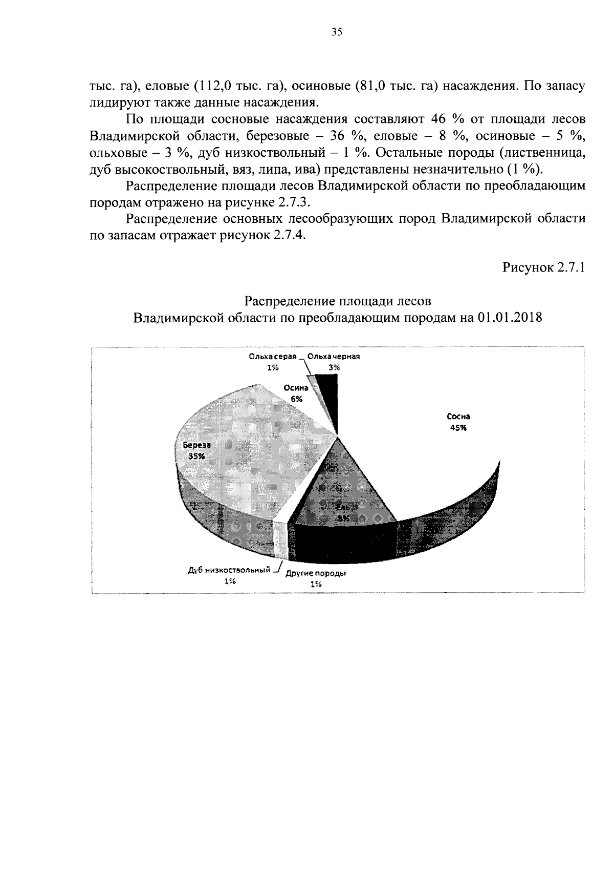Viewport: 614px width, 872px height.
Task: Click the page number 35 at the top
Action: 336,32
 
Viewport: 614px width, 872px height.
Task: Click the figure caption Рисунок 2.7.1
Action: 543,267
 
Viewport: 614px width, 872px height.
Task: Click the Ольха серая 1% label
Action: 272,362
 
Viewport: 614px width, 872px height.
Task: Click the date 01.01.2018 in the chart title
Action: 509,318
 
